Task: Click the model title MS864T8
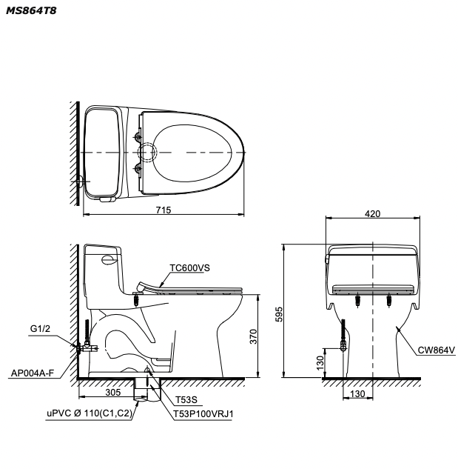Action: [31, 11]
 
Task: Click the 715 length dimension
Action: [164, 210]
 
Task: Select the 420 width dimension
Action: [373, 214]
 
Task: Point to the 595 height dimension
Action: [279, 314]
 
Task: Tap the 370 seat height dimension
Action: [253, 336]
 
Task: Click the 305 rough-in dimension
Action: [113, 392]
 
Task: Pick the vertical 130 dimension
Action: [320, 363]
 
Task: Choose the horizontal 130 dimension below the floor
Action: [357, 394]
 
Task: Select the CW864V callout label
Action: [437, 350]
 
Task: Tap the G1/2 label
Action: [41, 329]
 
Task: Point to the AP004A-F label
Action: [33, 373]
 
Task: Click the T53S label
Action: [186, 399]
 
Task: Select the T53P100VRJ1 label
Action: [203, 414]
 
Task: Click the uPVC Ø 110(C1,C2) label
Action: [90, 413]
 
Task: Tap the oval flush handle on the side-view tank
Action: [108, 259]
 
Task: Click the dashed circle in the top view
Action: [147, 152]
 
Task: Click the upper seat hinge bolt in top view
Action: [138, 137]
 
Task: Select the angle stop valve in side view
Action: [87, 347]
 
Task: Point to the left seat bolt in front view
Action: [357, 301]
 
